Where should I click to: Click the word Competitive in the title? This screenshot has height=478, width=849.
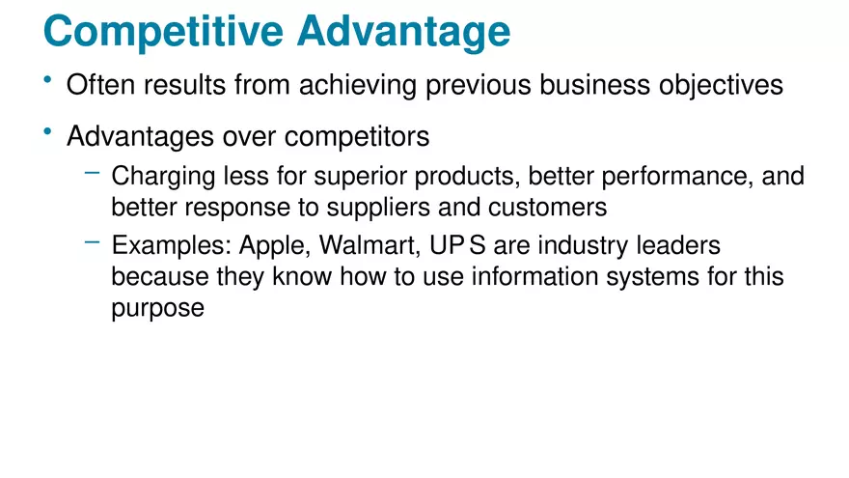click(164, 32)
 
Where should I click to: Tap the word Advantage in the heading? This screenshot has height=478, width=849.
click(403, 32)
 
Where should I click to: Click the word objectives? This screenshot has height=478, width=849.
click(721, 85)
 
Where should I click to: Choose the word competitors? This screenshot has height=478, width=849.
click(354, 137)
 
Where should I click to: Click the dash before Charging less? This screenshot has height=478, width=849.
click(92, 173)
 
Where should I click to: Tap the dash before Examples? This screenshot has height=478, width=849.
click(92, 242)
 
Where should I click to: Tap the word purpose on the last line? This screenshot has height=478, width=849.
click(157, 310)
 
